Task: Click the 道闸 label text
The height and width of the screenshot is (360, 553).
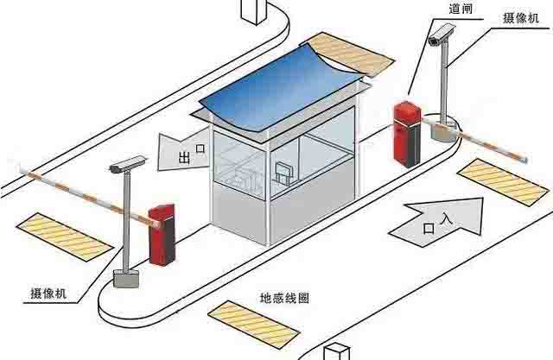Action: pos(461,8)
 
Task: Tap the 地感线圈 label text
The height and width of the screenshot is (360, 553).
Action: pos(284,298)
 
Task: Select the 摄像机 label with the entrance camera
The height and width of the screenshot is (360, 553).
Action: pos(521,17)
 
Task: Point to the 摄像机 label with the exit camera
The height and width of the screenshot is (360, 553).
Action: pos(48,293)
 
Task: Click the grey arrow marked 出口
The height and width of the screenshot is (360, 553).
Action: pos(183,150)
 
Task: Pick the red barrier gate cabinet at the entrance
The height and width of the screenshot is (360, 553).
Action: pos(407,134)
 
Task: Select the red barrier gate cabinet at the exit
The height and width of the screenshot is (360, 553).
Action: pos(162,234)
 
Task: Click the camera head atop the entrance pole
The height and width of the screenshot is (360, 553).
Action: pos(440,35)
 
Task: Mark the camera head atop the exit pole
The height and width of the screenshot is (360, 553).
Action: pos(128,164)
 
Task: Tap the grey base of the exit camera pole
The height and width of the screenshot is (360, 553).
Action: pos(126,278)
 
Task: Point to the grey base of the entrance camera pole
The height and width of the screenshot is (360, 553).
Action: pos(443,131)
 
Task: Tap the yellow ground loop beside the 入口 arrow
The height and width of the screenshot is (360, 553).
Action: pos(503,182)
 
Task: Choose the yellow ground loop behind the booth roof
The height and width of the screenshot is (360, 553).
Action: pos(352,54)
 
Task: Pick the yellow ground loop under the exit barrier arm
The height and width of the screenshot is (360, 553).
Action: pos(65,237)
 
